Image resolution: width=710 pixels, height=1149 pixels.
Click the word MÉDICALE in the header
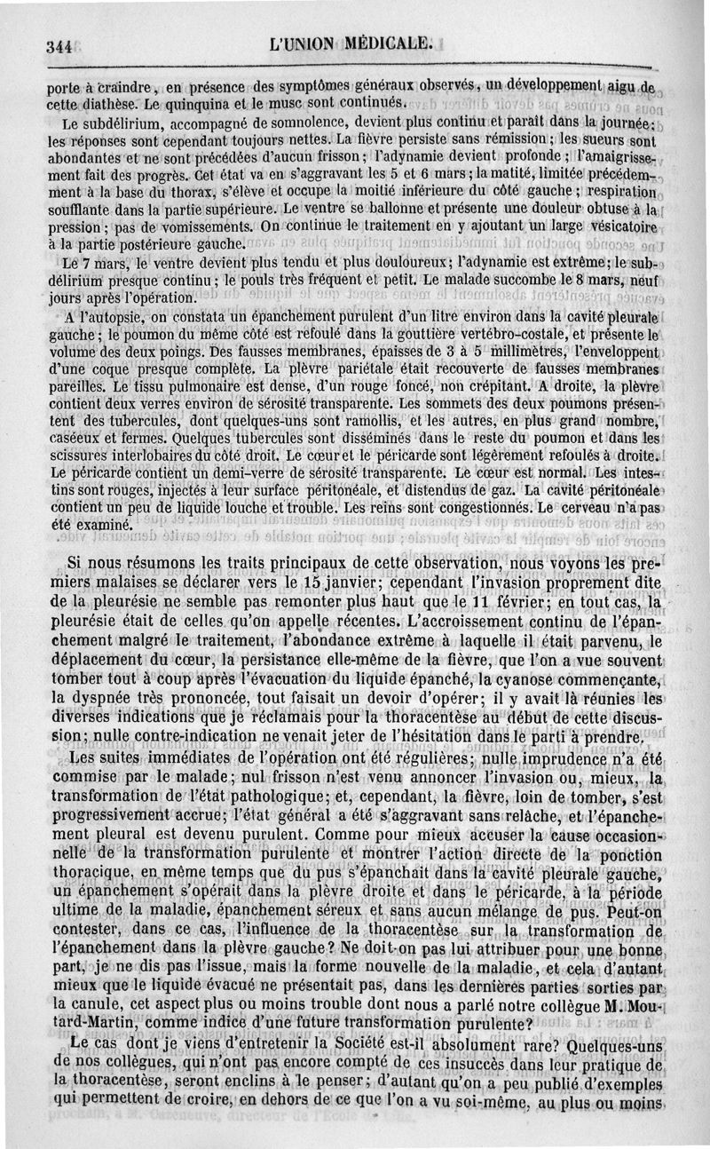click(390, 42)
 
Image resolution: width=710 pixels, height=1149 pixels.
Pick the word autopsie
click(114, 316)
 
